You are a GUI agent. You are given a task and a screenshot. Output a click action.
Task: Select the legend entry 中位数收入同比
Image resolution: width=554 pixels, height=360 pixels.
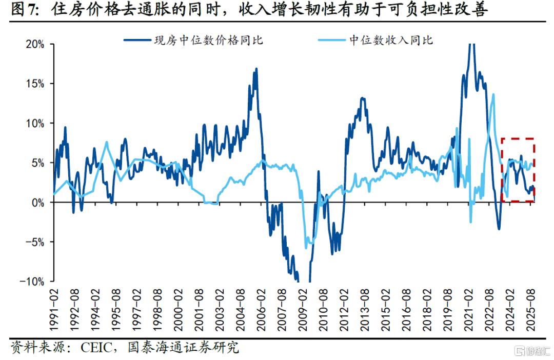(391, 40)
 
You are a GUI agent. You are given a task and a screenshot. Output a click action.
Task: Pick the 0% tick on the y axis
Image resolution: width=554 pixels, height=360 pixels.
(37, 203)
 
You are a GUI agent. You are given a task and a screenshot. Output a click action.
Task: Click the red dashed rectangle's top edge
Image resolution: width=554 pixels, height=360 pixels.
(518, 138)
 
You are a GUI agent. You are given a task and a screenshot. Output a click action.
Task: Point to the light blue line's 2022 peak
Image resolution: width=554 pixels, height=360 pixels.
(493, 94)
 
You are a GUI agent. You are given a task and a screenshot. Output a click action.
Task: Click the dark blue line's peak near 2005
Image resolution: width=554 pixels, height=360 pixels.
(256, 69)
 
